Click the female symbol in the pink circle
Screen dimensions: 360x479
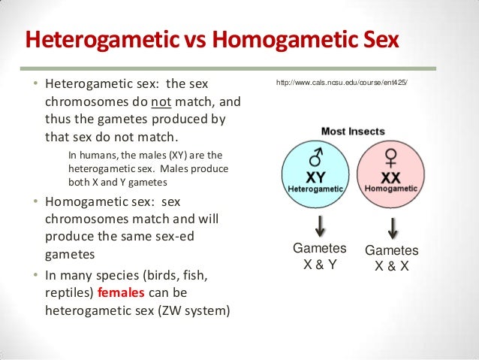click(x=390, y=159)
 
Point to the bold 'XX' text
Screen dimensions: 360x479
click(x=390, y=177)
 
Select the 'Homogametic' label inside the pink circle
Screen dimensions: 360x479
click(x=390, y=189)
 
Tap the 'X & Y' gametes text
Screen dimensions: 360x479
click(x=319, y=264)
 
